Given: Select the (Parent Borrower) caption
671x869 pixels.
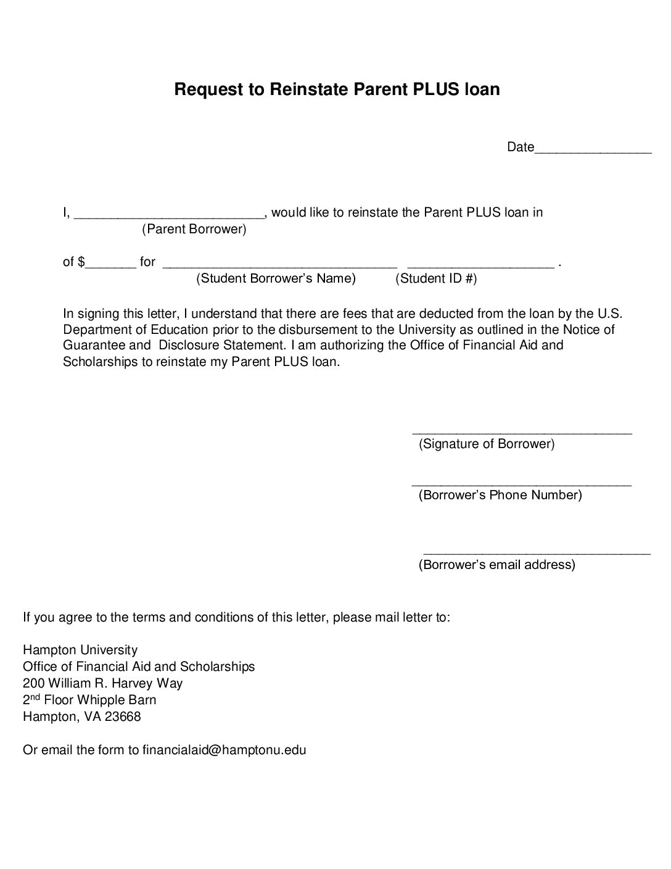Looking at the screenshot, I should pyautogui.click(x=194, y=230).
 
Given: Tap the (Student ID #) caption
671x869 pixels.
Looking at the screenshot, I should pyautogui.click(x=436, y=278).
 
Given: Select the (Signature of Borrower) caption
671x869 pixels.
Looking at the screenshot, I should pyautogui.click(x=487, y=444).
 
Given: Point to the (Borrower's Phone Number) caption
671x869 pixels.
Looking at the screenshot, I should pyautogui.click(x=500, y=495).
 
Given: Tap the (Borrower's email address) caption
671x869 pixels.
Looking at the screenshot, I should pyautogui.click(x=496, y=565).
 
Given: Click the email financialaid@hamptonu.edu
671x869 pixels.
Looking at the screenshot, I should pyautogui.click(x=224, y=750).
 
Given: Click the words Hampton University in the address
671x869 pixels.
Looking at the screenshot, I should pyautogui.click(x=80, y=650).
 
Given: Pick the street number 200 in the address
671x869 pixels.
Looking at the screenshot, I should pyautogui.click(x=33, y=683).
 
